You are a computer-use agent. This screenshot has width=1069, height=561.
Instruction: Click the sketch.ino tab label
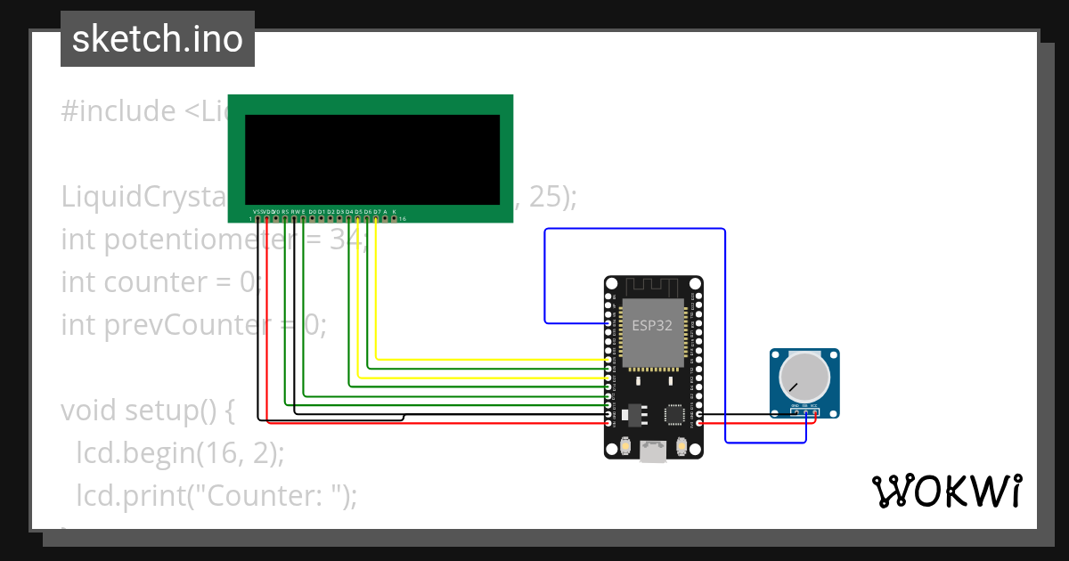158,39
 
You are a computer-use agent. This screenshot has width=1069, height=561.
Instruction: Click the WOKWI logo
946,492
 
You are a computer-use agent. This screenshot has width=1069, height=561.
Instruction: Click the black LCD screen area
372,159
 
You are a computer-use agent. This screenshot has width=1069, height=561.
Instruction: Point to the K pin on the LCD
395,218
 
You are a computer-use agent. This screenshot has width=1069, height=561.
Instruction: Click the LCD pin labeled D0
313,218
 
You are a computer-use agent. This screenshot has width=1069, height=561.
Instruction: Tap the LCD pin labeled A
386,218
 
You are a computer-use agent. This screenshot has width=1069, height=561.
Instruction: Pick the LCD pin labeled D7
377,218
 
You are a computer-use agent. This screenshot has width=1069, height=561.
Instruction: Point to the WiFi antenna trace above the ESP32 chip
652,288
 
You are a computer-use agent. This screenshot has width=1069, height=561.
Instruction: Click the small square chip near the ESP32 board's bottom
675,414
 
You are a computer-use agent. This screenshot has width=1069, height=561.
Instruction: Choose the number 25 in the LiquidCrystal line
546,197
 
